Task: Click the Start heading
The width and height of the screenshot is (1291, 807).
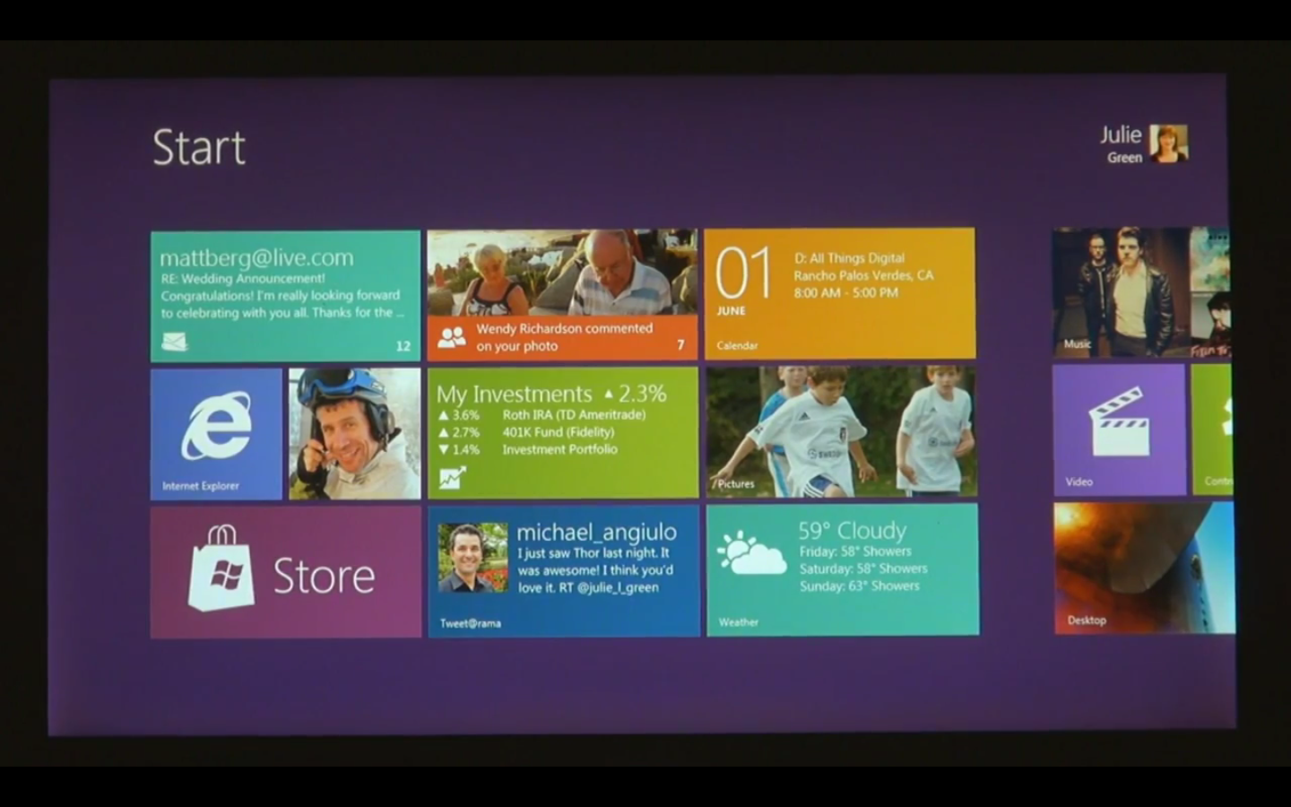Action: click(198, 147)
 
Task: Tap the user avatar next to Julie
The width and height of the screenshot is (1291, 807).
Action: click(1168, 143)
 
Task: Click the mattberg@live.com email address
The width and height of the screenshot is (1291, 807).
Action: click(256, 258)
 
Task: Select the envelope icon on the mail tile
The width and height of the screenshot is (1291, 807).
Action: click(175, 342)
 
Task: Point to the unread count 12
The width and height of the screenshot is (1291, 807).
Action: click(403, 346)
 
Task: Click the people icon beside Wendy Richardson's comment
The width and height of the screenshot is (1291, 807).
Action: click(451, 337)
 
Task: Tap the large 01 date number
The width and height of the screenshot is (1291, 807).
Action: click(743, 273)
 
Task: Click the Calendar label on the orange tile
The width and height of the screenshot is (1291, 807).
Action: click(737, 345)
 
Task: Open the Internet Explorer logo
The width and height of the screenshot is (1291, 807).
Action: click(216, 426)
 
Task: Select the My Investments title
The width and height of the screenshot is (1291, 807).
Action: click(514, 395)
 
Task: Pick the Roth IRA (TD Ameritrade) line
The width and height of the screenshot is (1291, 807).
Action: click(574, 415)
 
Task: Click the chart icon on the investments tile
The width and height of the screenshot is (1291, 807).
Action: click(452, 478)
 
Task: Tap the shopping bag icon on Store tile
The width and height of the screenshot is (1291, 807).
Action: click(221, 571)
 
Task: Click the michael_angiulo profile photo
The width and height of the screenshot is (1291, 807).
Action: click(472, 558)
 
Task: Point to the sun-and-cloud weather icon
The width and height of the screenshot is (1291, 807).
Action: click(751, 553)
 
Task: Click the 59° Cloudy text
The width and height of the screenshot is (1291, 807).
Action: click(852, 531)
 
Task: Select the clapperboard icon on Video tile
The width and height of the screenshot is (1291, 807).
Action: click(1118, 421)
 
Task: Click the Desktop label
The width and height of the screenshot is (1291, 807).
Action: click(1087, 620)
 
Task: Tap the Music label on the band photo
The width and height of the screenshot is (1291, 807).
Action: click(1077, 344)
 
